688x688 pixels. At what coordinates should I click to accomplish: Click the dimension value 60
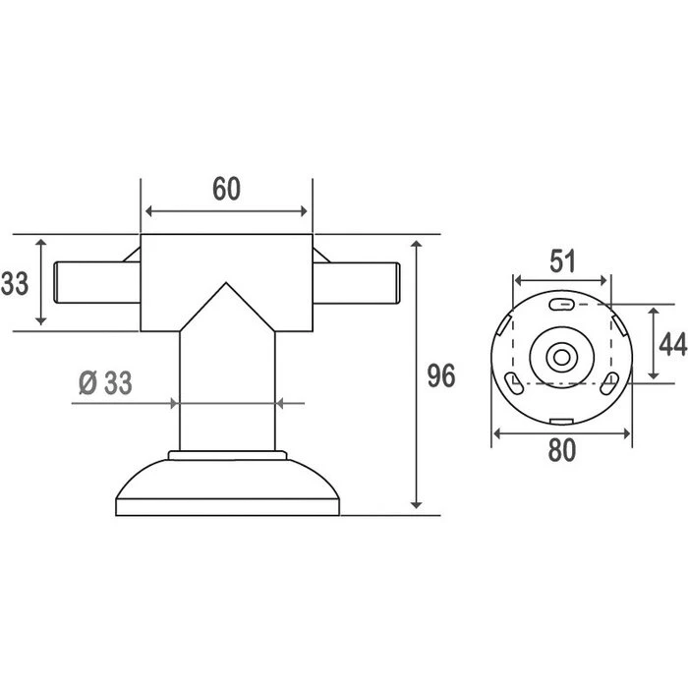[x=227, y=188]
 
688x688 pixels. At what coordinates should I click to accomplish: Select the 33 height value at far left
[x=14, y=284]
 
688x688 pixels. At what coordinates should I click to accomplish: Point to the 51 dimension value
[x=561, y=261]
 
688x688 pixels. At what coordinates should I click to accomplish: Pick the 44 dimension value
[x=672, y=344]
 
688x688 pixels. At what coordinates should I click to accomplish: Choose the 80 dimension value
[x=561, y=451]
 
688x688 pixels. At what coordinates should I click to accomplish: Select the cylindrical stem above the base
[x=227, y=393]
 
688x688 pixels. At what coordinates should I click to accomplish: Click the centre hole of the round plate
[x=561, y=357]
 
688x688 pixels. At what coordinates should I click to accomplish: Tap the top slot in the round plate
[x=561, y=304]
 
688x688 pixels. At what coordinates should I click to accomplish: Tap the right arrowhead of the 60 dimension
[x=305, y=211]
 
